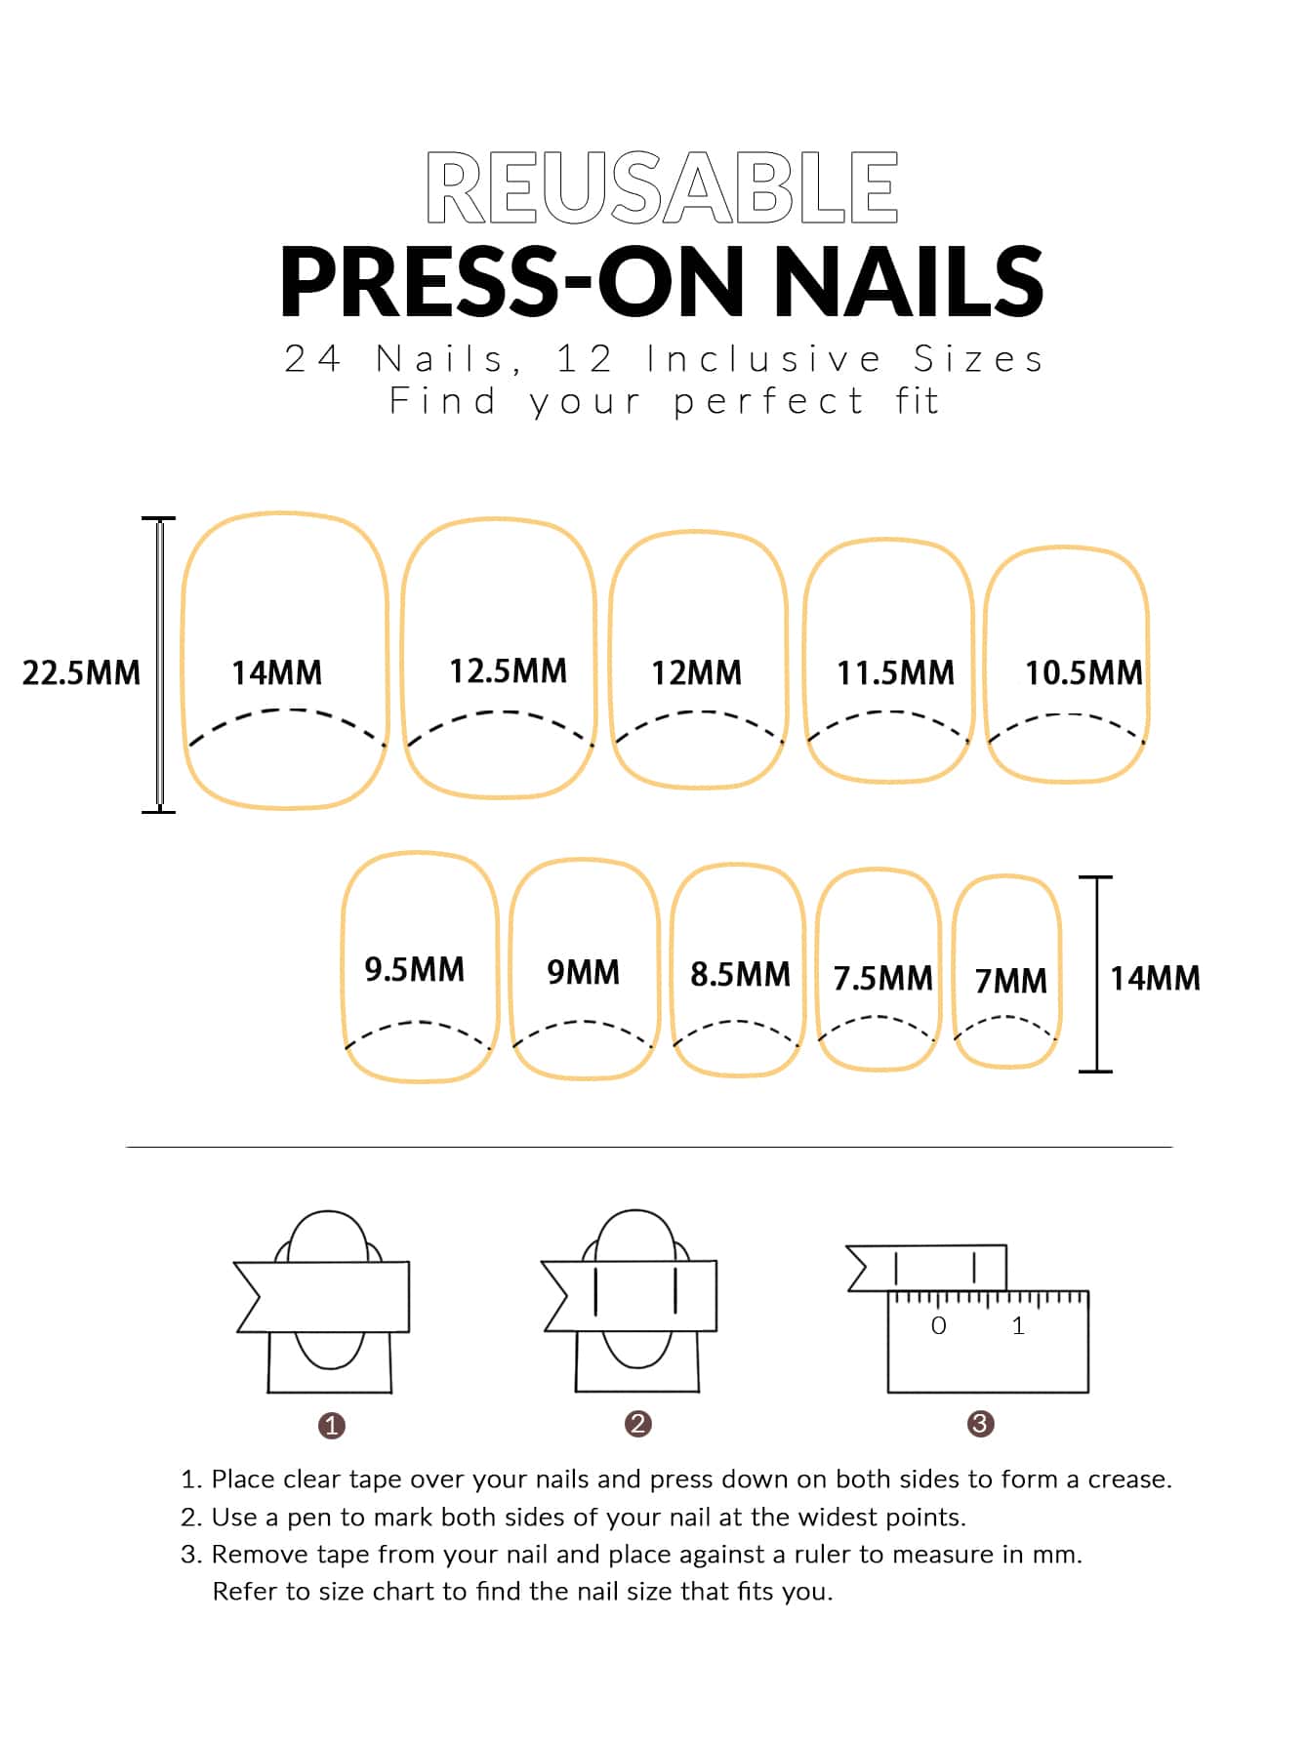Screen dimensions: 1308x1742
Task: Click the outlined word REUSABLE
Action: coord(662,188)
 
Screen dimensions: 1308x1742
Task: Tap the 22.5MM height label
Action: coord(81,672)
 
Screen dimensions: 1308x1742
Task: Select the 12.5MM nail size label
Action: coord(508,670)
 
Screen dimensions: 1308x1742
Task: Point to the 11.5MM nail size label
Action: coord(895,672)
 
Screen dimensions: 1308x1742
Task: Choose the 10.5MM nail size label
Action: coord(1083,672)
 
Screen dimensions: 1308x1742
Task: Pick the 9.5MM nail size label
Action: coord(414,969)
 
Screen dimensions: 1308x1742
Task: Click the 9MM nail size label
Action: coord(583,972)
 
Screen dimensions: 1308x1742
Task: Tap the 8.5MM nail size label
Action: coord(740,974)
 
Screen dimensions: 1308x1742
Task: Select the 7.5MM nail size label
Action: coord(882,978)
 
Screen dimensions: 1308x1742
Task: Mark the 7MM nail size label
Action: coord(1010,980)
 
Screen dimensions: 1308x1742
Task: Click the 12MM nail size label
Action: coord(696,672)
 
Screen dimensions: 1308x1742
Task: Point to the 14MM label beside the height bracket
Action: coord(1155,978)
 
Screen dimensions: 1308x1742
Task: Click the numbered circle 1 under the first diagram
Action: coord(332,1426)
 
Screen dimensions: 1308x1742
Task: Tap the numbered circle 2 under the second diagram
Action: coord(637,1424)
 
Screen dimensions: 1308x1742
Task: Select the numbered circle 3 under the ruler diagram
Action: coord(980,1424)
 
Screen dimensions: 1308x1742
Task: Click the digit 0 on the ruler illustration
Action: coord(938,1325)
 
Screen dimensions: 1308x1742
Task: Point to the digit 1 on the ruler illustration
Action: coord(1018,1325)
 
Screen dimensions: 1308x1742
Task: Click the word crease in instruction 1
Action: coord(1129,1479)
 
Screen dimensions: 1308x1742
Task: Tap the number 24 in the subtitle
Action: coord(312,359)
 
